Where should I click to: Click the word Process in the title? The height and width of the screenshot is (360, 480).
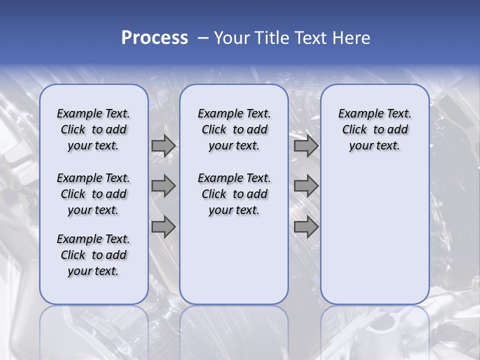(154, 38)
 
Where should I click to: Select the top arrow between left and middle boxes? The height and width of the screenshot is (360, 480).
(163, 146)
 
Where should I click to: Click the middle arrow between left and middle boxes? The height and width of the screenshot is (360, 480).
(163, 186)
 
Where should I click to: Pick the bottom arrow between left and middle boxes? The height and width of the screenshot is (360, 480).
(163, 226)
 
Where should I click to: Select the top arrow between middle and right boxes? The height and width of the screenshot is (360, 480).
(306, 146)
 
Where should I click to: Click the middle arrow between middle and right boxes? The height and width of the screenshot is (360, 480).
(306, 186)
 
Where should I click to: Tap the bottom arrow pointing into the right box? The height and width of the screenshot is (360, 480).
(306, 226)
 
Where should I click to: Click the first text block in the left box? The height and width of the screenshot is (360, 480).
(93, 129)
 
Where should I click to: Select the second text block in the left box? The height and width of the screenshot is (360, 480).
(93, 194)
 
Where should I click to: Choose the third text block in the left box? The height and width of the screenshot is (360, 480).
(93, 255)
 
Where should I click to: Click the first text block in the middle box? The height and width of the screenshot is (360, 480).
(234, 129)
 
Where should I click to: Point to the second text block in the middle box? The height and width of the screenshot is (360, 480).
(234, 194)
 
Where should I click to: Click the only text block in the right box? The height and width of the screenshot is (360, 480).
(374, 129)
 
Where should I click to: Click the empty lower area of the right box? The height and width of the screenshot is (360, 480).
(374, 235)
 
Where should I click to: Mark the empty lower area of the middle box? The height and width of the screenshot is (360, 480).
(234, 260)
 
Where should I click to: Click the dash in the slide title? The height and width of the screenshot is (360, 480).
(203, 38)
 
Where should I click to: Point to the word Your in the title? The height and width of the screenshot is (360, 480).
(231, 38)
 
